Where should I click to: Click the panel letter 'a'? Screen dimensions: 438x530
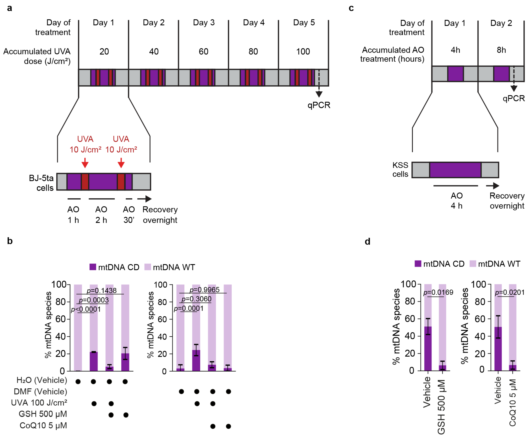(10, 8)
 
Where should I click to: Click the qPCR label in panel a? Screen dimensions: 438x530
(319, 105)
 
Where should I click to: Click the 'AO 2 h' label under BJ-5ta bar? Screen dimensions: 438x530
(101, 215)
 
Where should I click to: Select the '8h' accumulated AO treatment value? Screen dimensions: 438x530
(501, 50)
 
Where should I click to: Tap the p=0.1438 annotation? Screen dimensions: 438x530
(102, 290)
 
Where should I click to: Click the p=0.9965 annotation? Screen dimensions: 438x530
(204, 290)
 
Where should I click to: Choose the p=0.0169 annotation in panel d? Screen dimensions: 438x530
(438, 292)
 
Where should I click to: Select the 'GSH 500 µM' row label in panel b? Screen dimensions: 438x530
(43, 414)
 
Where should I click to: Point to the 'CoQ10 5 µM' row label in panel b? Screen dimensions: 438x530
(43, 425)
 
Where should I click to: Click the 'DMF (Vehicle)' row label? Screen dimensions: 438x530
(40, 391)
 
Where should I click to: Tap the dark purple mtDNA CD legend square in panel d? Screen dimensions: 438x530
(418, 264)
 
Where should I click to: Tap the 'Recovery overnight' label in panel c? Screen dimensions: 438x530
(507, 201)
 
